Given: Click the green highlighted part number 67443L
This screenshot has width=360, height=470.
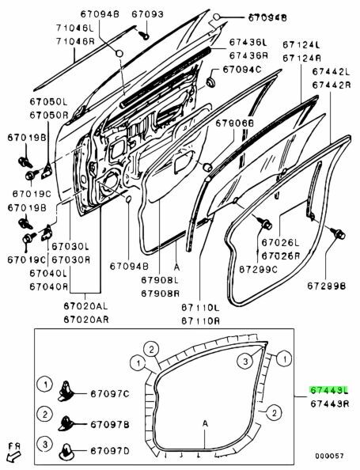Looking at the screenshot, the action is (329, 390).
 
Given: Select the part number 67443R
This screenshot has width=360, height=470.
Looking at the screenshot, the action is (330, 404).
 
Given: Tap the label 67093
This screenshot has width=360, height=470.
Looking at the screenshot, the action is (148, 13).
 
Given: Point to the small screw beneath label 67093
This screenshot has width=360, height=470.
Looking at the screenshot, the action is (144, 34).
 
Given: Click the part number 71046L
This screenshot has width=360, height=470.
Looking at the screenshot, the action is (75, 28).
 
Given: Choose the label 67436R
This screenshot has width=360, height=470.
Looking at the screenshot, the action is (248, 55).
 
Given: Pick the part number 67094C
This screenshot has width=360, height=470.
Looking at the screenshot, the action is (242, 70).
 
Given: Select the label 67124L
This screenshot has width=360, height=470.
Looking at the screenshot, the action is (301, 45).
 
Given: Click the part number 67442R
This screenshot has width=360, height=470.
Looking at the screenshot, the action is (332, 85).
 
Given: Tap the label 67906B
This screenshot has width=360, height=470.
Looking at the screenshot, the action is (235, 123).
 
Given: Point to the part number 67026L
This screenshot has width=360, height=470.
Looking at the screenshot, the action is (280, 242).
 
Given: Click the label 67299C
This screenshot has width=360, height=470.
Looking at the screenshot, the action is (258, 270).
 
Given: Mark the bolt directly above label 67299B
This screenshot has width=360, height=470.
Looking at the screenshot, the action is (339, 233).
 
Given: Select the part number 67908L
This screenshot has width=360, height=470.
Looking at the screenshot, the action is (160, 280).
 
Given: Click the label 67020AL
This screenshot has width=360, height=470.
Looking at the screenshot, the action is (85, 306).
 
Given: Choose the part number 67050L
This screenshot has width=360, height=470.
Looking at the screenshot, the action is (49, 101).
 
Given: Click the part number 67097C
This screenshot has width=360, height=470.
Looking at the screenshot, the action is (110, 393).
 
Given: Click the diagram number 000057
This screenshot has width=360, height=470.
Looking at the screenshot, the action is (328, 456).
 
